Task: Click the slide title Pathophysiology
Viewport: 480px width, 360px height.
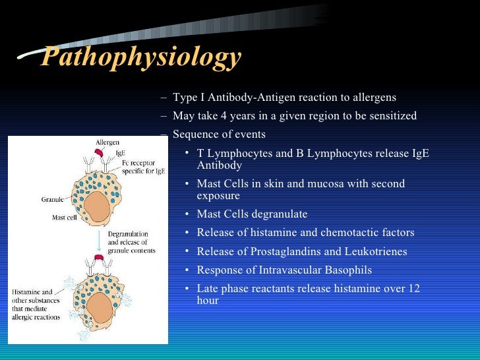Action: coord(140,57)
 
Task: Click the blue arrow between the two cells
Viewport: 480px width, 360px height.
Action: coord(98,241)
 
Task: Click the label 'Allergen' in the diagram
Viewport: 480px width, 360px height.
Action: coord(107,142)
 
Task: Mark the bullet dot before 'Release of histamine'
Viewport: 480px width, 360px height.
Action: coord(188,232)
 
